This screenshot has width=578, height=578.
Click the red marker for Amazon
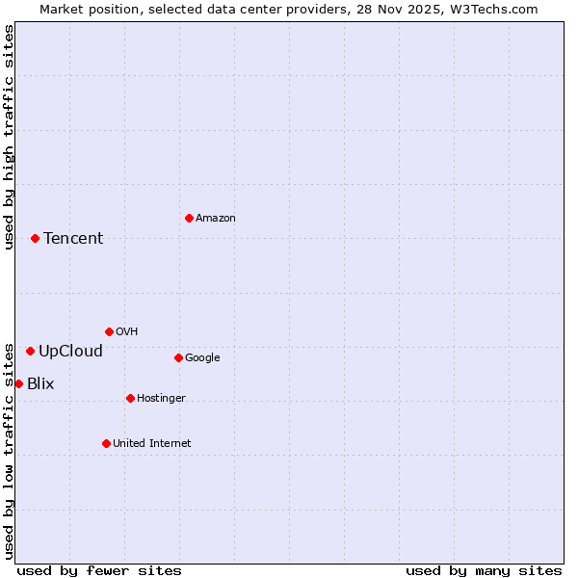(x=189, y=218)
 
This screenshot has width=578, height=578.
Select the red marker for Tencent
(x=35, y=238)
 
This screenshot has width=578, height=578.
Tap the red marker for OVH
(x=109, y=331)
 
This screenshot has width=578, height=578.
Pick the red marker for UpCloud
(x=30, y=351)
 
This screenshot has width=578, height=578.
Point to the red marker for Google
(x=178, y=357)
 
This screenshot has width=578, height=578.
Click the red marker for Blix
(x=18, y=383)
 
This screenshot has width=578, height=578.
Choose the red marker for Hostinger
(x=130, y=398)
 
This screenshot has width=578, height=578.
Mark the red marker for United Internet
(x=106, y=443)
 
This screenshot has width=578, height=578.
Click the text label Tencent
(x=73, y=239)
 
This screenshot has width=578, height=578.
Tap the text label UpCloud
(x=70, y=352)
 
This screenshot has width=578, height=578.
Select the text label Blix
(x=40, y=384)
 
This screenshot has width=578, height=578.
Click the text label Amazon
(x=216, y=219)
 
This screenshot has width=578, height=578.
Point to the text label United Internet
(x=152, y=444)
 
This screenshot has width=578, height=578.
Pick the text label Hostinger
(x=161, y=399)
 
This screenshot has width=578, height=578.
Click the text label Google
(x=202, y=358)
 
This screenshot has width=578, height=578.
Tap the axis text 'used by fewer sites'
(x=99, y=571)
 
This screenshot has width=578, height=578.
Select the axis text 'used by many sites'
(x=484, y=571)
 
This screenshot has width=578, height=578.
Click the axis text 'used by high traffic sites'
(x=9, y=137)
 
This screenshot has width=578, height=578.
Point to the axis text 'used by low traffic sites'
(x=9, y=451)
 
